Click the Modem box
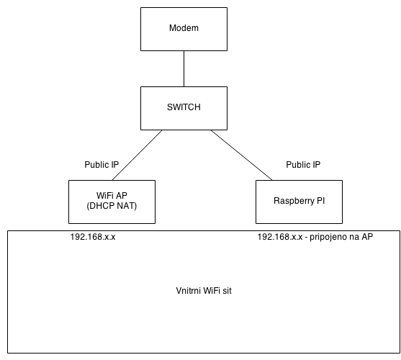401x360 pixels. pos(184,29)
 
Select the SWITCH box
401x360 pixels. pos(184,109)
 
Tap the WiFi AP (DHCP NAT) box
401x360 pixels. pos(112,202)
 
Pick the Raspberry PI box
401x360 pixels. pos(299,202)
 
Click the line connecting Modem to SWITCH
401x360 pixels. pos(184,69)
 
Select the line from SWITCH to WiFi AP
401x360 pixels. pos(137,156)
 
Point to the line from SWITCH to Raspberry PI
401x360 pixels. pos(241,156)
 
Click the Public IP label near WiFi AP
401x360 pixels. pos(102,165)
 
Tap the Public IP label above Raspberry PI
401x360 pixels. pos(303,165)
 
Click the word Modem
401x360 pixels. pos(184,28)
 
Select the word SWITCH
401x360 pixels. pos(184,107)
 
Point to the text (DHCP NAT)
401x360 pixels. pos(112,206)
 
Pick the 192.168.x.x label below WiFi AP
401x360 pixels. pos(93,237)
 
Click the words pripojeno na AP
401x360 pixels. pos(341,237)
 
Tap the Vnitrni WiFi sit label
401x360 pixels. pos(204,291)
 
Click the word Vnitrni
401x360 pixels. pos(186,291)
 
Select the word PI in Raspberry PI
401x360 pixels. pos(320,201)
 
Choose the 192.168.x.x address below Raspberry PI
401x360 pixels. pos(280,237)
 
